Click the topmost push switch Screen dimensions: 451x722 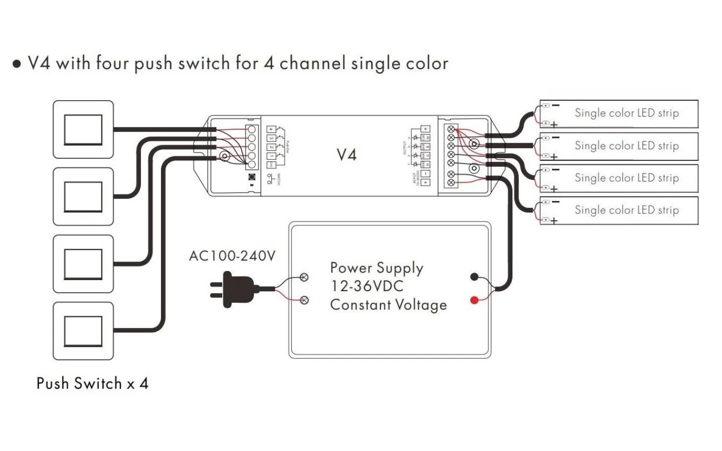coord(83,130)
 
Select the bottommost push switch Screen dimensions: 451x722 coord(83,331)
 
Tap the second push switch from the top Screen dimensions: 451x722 coord(83,196)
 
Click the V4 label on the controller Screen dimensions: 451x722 coord(346,155)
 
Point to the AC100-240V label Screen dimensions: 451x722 coord(232,256)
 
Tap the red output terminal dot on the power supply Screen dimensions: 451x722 coord(474,300)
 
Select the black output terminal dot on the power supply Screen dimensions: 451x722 coord(474,277)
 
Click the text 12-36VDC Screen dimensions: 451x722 coord(367,286)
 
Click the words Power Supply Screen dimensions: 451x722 coord(377,269)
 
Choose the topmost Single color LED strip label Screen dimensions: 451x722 coord(626,113)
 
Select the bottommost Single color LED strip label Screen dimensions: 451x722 coord(626,210)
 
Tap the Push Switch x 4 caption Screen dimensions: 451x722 coord(92,384)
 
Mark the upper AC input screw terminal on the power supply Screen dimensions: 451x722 coord(304,277)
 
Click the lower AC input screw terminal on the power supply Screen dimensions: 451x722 coord(304,300)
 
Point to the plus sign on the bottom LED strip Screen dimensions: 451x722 coord(554,220)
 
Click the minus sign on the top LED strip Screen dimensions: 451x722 coord(556,105)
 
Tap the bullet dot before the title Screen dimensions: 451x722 coord(17,64)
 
